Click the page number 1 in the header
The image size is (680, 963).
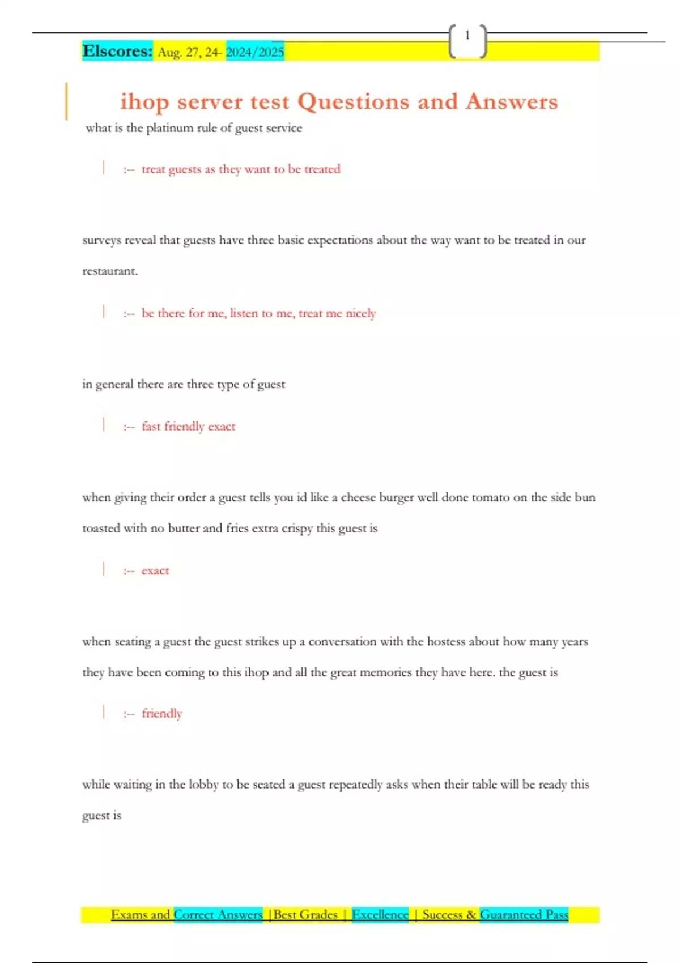[x=467, y=36]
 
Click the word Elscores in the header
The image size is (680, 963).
[x=117, y=51]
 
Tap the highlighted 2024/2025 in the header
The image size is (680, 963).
[x=255, y=52]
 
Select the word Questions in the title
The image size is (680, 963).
[x=353, y=102]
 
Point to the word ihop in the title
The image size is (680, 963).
[x=144, y=102]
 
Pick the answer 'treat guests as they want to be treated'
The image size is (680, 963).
[x=241, y=169]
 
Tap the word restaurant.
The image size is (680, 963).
[x=109, y=271]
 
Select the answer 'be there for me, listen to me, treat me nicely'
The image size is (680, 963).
[x=258, y=313]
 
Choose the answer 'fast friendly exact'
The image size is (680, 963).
[x=188, y=427]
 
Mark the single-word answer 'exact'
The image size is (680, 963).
[x=155, y=571]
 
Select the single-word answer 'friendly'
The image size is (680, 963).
[x=162, y=714]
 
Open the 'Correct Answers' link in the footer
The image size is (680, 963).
[x=218, y=914]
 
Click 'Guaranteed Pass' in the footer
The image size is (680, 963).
[x=524, y=914]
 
